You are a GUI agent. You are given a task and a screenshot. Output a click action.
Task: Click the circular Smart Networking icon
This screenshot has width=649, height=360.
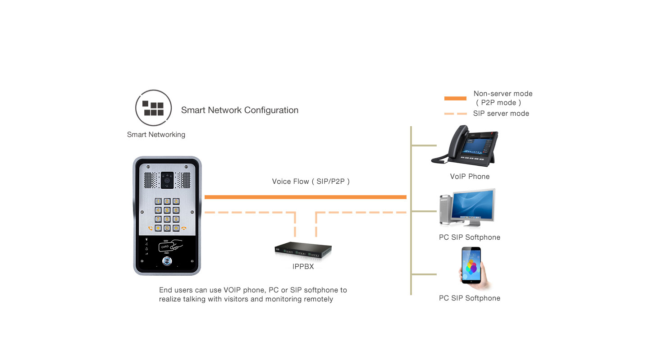tap(153, 108)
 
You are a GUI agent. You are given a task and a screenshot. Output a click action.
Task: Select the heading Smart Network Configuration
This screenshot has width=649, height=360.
tap(239, 110)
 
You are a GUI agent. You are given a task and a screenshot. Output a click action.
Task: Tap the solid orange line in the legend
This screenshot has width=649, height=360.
tap(455, 98)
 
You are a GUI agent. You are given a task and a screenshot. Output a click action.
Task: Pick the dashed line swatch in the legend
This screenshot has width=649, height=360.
tap(455, 114)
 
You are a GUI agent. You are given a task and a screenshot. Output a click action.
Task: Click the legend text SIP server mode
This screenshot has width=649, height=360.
tap(501, 114)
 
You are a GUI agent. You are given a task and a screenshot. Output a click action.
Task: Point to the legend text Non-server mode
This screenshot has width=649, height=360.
tap(503, 94)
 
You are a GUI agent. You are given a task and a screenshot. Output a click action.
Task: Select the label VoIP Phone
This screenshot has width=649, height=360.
tap(470, 177)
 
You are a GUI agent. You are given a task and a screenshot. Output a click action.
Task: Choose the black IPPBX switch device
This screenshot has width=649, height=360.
tap(303, 250)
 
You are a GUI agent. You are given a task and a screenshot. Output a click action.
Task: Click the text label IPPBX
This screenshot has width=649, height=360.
tap(303, 267)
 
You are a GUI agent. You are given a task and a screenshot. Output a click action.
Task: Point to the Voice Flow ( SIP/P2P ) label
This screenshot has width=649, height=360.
tap(311, 182)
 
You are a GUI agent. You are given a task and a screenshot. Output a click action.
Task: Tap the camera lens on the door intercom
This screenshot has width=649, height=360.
tap(167, 180)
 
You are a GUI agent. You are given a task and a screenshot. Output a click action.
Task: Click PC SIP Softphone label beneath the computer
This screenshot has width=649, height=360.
tap(469, 237)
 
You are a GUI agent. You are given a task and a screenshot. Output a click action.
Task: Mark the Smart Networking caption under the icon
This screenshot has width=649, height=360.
tap(156, 135)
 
